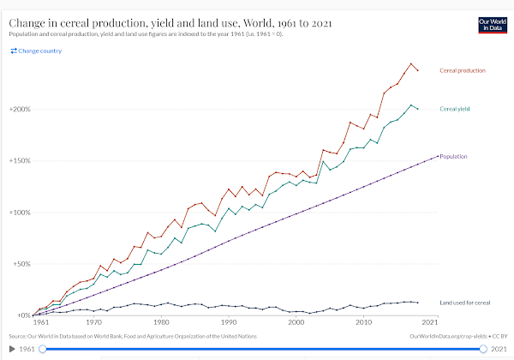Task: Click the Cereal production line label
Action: tap(462, 69)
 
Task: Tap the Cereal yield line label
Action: tap(455, 109)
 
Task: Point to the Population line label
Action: tap(457, 156)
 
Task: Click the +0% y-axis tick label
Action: tap(21, 315)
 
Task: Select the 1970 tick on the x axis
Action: tap(93, 323)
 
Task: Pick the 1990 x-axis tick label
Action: tap(229, 323)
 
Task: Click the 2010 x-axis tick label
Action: tap(364, 323)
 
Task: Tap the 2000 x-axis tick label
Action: tap(296, 323)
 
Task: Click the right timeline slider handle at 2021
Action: tap(484, 349)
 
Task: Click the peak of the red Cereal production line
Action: tap(411, 63)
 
